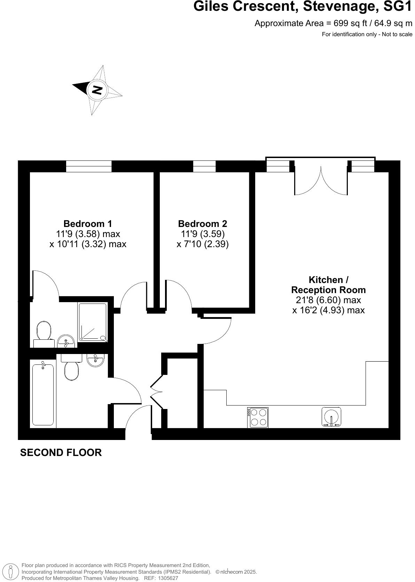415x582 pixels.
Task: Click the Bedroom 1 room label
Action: (88, 223)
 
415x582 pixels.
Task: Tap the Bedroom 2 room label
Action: (202, 223)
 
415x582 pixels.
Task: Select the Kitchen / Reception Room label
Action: (328, 285)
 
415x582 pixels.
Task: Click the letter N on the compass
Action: (96, 90)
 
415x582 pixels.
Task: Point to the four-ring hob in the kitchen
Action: (258, 417)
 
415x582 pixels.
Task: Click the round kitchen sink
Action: (331, 417)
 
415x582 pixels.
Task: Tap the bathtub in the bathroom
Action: (43, 395)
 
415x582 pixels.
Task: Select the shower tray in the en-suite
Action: (92, 322)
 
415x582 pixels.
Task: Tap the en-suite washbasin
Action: (66, 341)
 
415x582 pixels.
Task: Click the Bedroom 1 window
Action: (89, 166)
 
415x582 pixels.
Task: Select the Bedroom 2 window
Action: (204, 166)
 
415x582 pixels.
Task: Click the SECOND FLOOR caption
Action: (61, 453)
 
